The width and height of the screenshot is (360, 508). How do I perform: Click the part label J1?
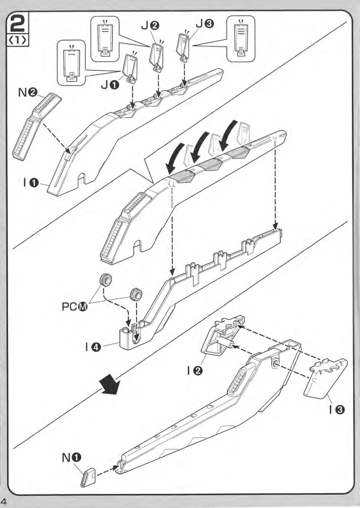(110, 85)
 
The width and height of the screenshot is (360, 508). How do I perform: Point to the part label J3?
(205, 23)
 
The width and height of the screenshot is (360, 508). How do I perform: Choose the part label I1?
(30, 183)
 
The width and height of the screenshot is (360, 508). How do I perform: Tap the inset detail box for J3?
(241, 39)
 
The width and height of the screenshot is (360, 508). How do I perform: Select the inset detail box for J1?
(71, 63)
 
